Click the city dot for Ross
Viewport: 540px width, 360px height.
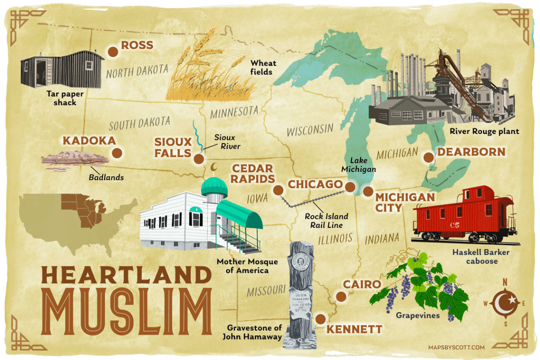click(x=112, y=51)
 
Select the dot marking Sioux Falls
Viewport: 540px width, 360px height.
click(x=198, y=158)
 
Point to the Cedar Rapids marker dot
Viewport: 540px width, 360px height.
click(x=278, y=190)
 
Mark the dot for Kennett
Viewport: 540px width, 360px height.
click(x=319, y=318)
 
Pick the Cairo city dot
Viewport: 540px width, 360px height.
click(x=341, y=297)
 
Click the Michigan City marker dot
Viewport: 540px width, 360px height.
click(x=368, y=191)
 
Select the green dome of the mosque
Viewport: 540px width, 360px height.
click(x=214, y=186)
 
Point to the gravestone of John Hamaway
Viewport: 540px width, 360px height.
click(x=299, y=296)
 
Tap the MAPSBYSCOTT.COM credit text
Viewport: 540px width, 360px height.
click(x=457, y=347)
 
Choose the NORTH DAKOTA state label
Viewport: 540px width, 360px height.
click(x=137, y=71)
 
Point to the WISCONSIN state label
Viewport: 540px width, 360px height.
click(x=310, y=130)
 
